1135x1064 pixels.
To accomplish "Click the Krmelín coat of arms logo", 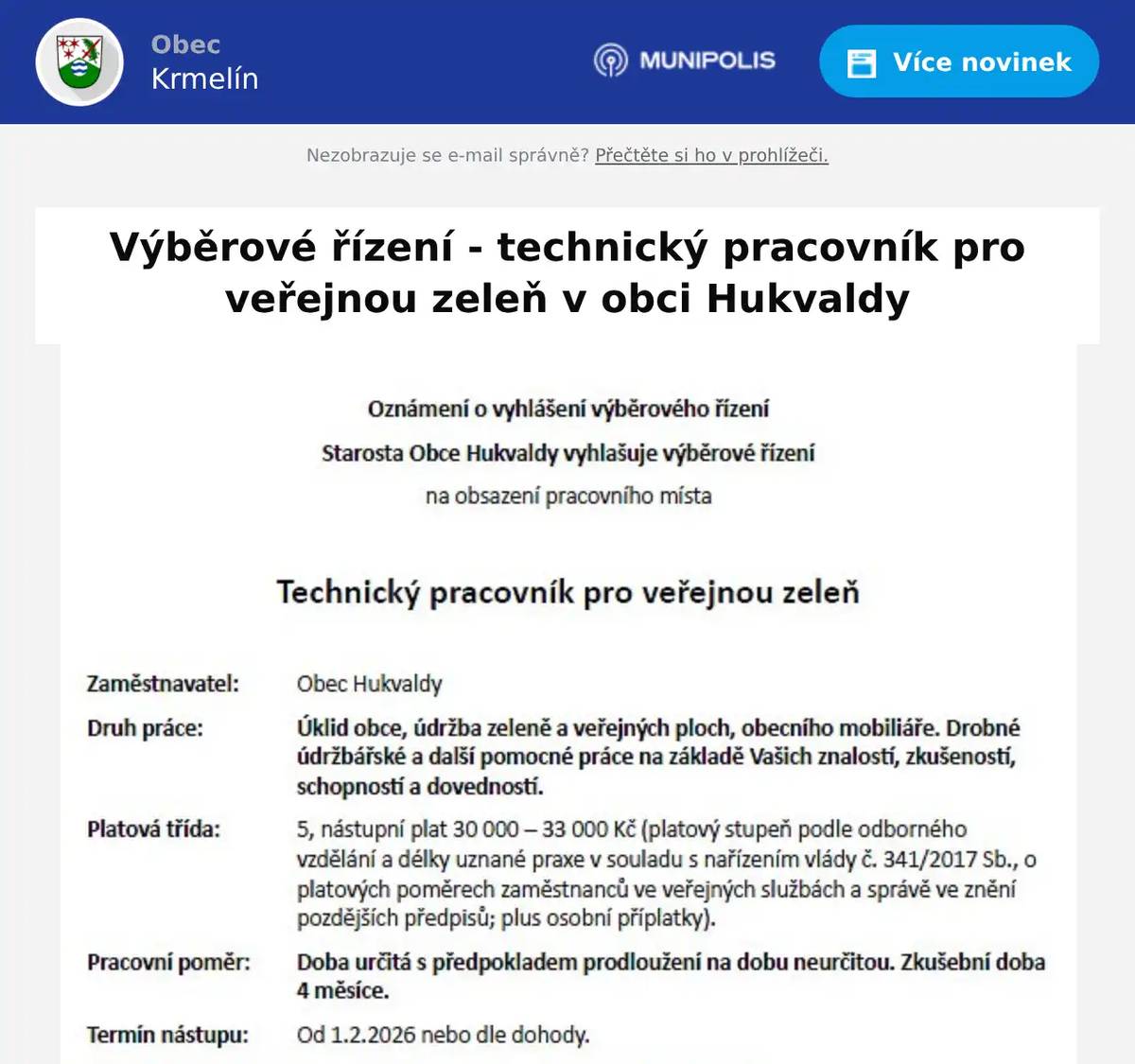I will click(x=79, y=62).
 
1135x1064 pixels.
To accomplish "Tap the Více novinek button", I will click(x=958, y=62).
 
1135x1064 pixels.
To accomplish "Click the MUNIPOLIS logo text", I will click(x=707, y=61).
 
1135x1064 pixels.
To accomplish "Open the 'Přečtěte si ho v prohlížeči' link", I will click(x=711, y=155).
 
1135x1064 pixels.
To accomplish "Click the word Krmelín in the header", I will click(x=204, y=78).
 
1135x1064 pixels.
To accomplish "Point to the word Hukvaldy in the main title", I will click(x=808, y=299).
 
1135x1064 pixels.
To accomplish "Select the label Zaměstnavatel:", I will click(x=163, y=684).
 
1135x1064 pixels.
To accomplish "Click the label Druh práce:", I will click(x=145, y=728).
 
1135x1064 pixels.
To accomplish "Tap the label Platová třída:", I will click(x=153, y=829).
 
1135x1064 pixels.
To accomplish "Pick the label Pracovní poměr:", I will click(x=168, y=962).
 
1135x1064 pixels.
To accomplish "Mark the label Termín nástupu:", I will click(x=167, y=1035).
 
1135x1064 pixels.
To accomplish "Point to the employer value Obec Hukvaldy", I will click(x=369, y=684).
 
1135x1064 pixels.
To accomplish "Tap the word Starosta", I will click(x=362, y=453).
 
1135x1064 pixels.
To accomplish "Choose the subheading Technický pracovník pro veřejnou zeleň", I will click(x=567, y=592).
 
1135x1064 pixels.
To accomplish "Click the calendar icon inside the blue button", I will click(x=861, y=63).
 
